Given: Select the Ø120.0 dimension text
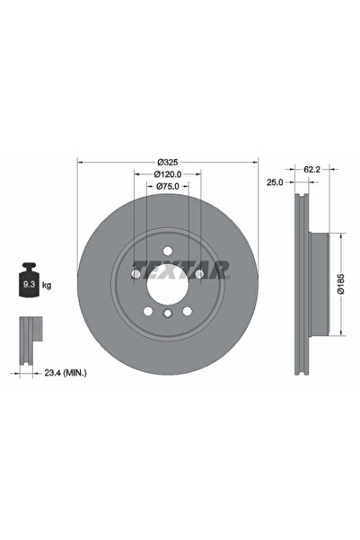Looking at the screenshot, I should click(168, 174).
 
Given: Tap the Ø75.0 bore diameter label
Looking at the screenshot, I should click(168, 186).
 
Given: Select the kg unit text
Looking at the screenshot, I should click(47, 285).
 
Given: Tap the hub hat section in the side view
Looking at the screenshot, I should click(320, 284).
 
